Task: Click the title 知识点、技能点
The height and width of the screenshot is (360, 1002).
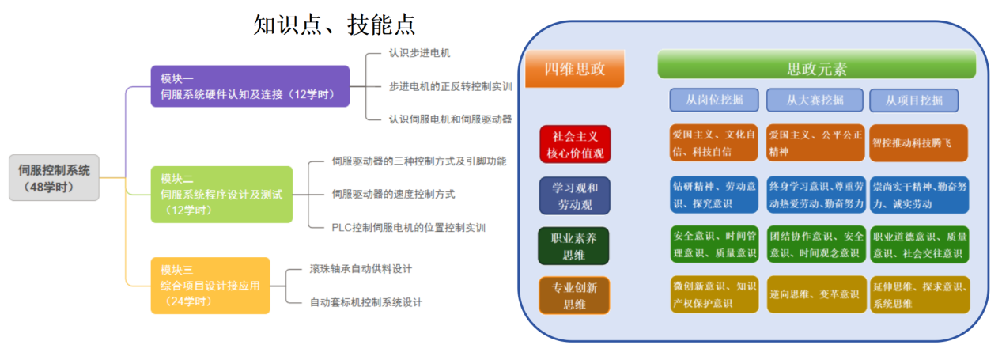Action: click(334, 25)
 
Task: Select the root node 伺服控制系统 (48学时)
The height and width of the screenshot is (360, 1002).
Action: click(55, 177)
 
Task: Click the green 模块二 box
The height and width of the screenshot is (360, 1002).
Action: click(221, 194)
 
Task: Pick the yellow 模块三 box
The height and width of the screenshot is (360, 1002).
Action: click(210, 286)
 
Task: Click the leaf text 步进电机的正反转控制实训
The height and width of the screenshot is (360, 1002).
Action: click(450, 85)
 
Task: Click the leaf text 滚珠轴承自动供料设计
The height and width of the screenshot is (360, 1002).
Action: click(361, 269)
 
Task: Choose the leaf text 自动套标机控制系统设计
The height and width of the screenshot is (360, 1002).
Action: click(365, 301)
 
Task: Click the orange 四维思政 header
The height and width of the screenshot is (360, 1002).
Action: click(575, 69)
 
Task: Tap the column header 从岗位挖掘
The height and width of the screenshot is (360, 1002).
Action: click(714, 100)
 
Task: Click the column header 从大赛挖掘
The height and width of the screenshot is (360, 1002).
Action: click(815, 100)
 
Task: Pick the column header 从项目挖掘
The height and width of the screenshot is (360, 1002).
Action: click(913, 100)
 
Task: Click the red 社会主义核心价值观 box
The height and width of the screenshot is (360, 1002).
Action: click(575, 144)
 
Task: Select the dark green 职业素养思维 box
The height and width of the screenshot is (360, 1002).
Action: click(574, 244)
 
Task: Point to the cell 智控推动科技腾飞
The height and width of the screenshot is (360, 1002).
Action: click(918, 144)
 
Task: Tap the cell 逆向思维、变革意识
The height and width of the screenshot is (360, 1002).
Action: click(815, 294)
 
